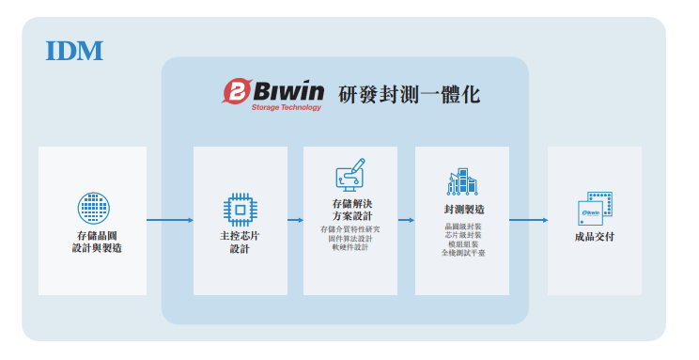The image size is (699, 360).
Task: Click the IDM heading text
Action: click(74, 50)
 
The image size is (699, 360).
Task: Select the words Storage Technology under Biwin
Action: click(286, 107)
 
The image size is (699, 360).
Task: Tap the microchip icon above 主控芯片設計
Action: click(240, 210)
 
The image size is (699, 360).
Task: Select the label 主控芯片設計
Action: click(240, 243)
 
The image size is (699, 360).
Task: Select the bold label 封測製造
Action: click(462, 209)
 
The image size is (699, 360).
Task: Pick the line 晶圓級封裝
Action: click(462, 227)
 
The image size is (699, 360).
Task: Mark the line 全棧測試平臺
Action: click(462, 254)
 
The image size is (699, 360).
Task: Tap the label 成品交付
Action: click(594, 237)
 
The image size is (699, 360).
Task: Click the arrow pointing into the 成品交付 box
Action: click(528, 221)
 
